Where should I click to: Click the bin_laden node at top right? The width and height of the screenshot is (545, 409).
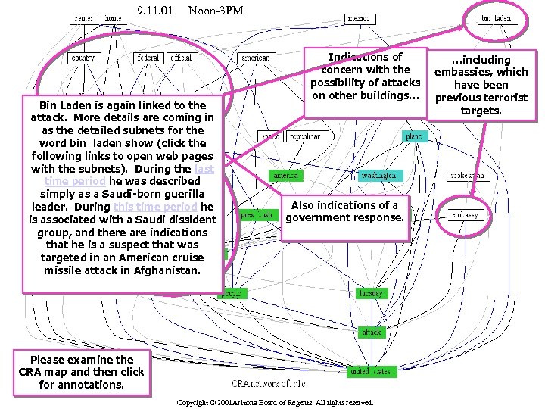click(x=496, y=19)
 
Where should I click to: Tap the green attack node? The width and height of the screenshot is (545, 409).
click(x=372, y=333)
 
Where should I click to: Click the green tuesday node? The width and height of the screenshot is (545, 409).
click(x=372, y=293)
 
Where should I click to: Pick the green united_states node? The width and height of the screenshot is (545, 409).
click(x=369, y=372)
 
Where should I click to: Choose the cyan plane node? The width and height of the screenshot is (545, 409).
click(x=414, y=136)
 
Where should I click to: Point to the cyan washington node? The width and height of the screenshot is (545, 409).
click(x=378, y=176)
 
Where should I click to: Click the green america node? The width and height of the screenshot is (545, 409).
click(x=286, y=176)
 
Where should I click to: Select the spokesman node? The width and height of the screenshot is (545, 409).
click(x=469, y=176)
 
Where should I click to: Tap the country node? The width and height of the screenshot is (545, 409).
click(x=82, y=58)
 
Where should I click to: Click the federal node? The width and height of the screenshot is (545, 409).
click(x=148, y=58)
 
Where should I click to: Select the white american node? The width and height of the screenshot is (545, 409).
click(x=255, y=58)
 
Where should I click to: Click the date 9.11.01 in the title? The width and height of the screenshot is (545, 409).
click(x=154, y=10)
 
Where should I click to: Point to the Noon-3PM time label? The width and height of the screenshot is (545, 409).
click(x=215, y=10)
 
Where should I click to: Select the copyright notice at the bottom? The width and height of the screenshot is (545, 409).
click(x=275, y=403)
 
